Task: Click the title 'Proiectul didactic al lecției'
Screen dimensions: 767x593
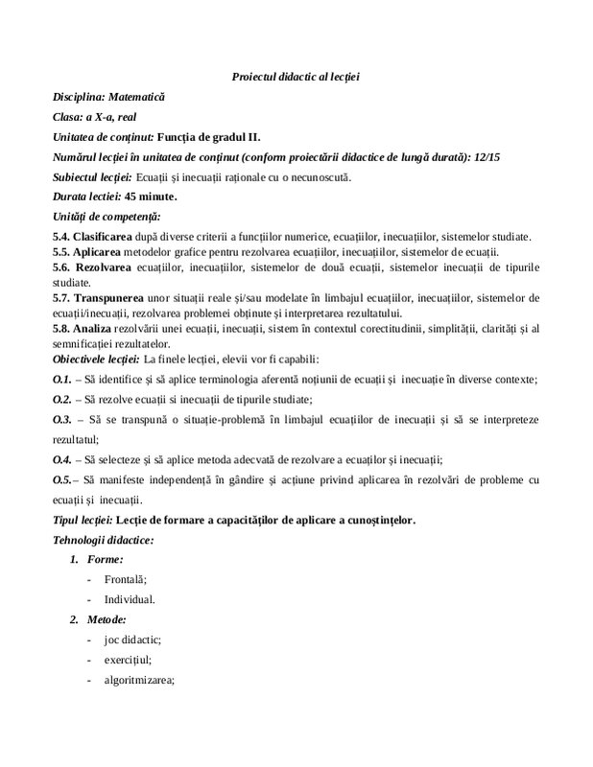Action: point(296,76)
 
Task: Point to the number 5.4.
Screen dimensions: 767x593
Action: point(62,237)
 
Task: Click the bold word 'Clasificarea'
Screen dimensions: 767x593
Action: point(109,237)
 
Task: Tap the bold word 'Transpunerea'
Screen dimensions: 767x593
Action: point(113,298)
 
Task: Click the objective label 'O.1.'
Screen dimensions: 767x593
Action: point(62,380)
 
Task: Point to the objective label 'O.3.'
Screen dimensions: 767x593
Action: point(62,420)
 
